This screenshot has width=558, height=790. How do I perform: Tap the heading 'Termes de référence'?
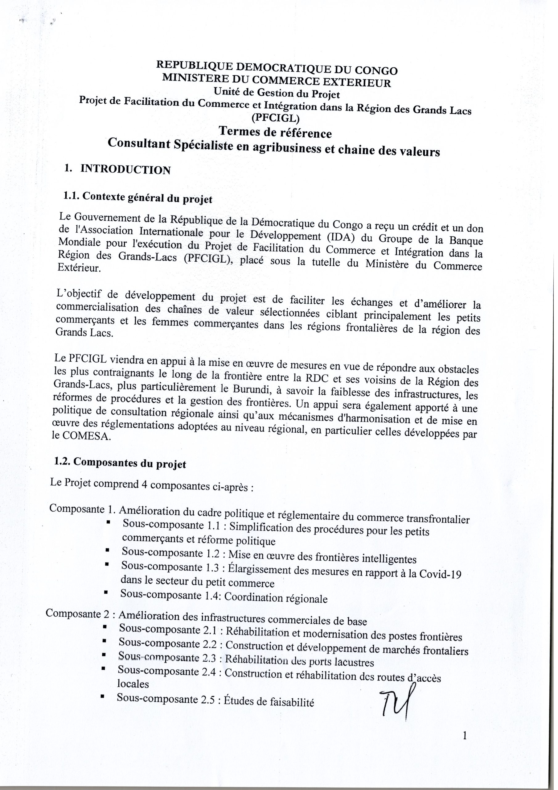(x=275, y=132)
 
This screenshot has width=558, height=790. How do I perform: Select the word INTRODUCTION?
(x=125, y=170)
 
